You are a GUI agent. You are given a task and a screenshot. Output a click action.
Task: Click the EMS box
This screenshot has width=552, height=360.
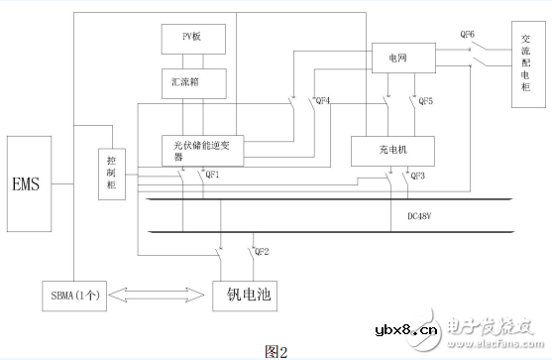[29, 183]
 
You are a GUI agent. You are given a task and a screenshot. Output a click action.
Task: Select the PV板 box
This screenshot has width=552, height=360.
[195, 40]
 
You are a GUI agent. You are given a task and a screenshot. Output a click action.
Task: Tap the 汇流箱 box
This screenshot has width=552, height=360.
[195, 79]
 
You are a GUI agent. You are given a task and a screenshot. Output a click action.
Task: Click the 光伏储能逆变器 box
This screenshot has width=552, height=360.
[201, 150]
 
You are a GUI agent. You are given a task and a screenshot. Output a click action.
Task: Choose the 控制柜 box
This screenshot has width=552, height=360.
[112, 175]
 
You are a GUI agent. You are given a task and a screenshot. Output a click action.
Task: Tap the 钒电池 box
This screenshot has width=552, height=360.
[248, 295]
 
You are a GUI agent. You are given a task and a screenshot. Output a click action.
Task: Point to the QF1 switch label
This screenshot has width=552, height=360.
[210, 175]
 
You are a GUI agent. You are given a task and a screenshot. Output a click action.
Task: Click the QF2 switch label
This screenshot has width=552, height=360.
[263, 252]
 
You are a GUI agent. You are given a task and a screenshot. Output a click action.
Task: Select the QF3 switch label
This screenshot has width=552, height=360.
[417, 176]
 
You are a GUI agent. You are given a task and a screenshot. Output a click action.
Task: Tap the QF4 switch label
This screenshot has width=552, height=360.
[321, 101]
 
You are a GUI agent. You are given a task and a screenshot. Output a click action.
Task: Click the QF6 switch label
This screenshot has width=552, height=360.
[467, 34]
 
